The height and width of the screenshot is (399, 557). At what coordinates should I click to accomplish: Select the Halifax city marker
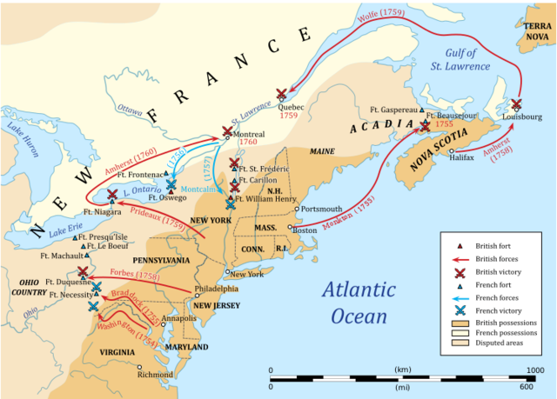pyautogui.click(x=452, y=150)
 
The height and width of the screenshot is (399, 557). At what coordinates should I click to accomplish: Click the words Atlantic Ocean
pyautogui.click(x=359, y=301)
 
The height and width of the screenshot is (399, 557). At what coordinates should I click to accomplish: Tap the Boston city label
pyautogui.click(x=305, y=230)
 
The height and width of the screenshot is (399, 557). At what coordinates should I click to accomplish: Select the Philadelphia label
pyautogui.click(x=217, y=288)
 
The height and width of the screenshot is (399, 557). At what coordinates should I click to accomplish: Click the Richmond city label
pyautogui.click(x=156, y=376)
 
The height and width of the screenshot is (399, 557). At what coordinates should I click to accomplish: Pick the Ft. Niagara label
pyautogui.click(x=102, y=211)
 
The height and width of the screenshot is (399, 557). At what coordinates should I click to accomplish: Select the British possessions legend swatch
pyautogui.click(x=456, y=324)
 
